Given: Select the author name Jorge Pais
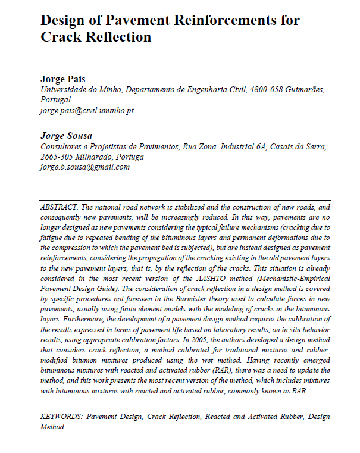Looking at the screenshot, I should click(63, 79).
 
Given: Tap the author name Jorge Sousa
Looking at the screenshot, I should click(65, 135).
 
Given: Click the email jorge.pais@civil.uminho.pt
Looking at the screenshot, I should click(87, 110).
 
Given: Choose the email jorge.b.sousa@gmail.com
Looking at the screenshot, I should click(84, 167).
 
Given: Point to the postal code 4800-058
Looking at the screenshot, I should click(265, 89).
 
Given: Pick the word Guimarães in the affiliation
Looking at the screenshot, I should click(304, 89).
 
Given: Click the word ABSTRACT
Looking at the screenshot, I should click(59, 207).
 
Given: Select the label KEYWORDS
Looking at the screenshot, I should click(62, 417).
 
